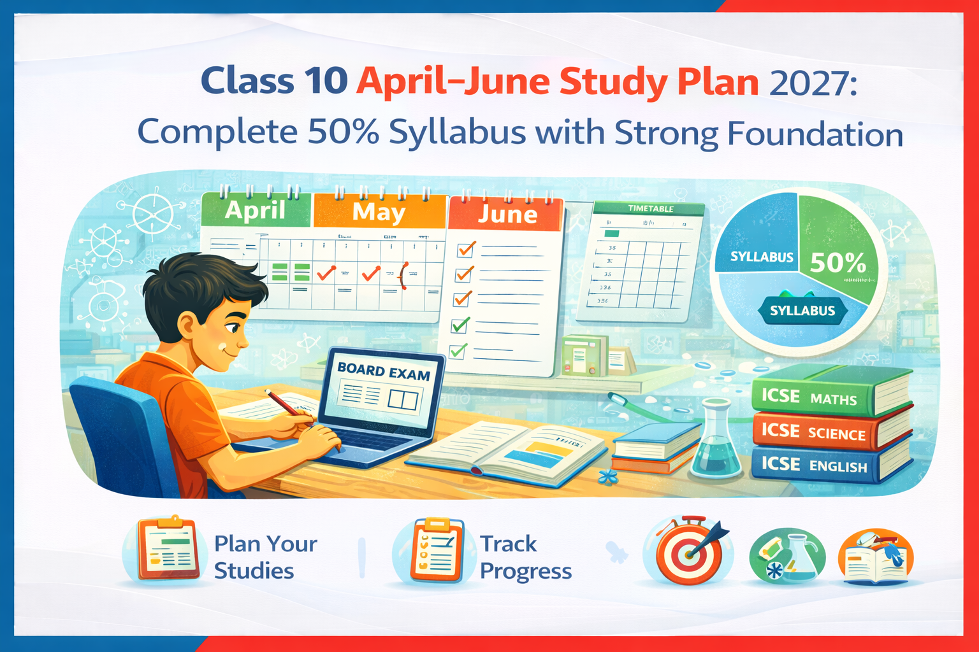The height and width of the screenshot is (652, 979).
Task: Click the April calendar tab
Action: point(256,209)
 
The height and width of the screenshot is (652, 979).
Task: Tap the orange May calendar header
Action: point(379,211)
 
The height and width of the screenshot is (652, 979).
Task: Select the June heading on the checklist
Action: point(507,214)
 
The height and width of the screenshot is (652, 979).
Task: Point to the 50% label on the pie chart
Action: point(838,262)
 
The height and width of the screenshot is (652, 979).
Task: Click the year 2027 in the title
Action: point(813,82)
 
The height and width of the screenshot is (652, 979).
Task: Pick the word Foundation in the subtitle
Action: point(815,134)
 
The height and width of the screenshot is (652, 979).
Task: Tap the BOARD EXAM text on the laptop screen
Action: point(383,372)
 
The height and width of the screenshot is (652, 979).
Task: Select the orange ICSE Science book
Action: point(829,432)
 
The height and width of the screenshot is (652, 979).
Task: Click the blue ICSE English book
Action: point(829,465)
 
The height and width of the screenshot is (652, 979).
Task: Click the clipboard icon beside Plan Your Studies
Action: point(168,549)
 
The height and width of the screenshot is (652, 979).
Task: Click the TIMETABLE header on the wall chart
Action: point(650,209)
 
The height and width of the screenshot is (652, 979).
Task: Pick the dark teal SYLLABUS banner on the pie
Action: point(802,311)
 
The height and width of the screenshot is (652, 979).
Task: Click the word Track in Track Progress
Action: point(508,544)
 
